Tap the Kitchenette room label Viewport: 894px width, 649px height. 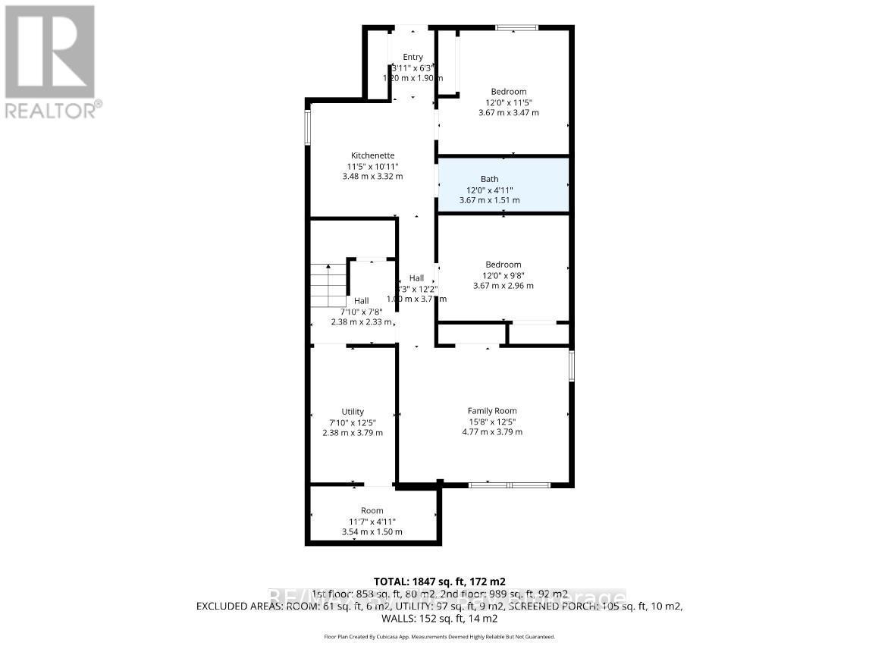(x=372, y=155)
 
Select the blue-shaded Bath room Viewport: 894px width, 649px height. (x=503, y=185)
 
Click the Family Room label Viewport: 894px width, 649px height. (x=492, y=411)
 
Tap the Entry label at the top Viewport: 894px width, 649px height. (x=412, y=57)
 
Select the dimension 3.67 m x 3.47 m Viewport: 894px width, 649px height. (x=509, y=113)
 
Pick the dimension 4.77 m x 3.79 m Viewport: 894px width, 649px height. (x=492, y=432)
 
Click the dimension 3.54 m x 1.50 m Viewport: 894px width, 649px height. (x=372, y=531)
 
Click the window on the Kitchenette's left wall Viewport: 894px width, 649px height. (x=307, y=127)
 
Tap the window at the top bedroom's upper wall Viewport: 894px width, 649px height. (x=516, y=28)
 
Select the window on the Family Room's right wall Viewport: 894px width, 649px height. (x=572, y=365)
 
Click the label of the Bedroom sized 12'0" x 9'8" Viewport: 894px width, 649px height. (x=503, y=265)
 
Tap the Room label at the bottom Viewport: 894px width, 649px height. (x=372, y=510)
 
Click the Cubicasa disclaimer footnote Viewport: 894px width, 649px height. (x=439, y=637)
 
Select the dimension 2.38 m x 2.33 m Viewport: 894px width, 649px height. (x=361, y=321)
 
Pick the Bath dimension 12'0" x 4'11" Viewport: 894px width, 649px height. (x=490, y=190)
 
